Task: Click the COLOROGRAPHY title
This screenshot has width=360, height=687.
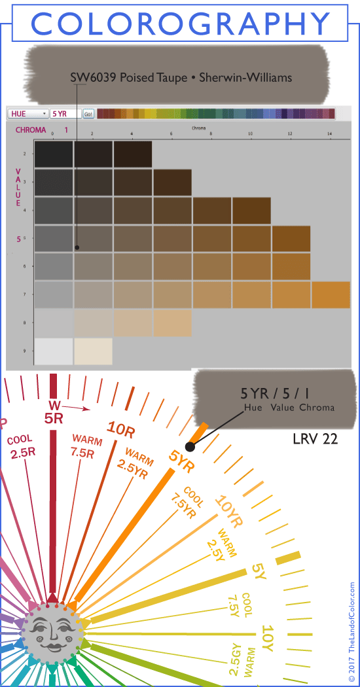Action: click(x=180, y=24)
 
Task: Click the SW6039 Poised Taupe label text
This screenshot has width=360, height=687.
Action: click(x=181, y=78)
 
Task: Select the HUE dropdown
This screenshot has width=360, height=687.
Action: click(x=27, y=113)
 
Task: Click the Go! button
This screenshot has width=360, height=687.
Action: click(x=88, y=113)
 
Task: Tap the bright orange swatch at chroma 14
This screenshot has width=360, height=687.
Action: click(x=331, y=294)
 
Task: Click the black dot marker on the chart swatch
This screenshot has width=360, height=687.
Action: click(x=77, y=247)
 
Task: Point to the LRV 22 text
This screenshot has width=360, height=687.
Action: click(x=315, y=439)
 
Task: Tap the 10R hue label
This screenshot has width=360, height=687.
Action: click(x=121, y=429)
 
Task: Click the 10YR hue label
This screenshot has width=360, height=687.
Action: click(x=228, y=513)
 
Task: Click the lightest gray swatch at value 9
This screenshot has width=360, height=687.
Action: click(x=54, y=351)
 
